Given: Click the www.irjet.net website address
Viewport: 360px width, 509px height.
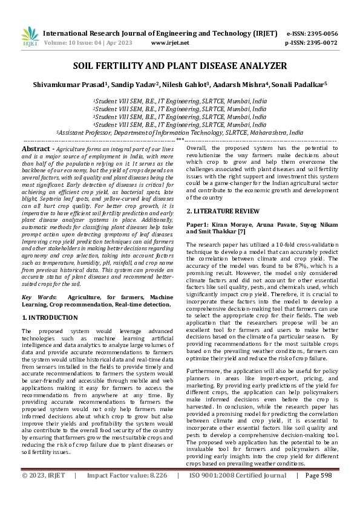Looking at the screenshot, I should coord(170,43).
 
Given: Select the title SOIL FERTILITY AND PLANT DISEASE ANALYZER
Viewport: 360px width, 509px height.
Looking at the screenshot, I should coord(180,65).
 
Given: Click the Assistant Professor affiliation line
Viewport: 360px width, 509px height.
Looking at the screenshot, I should coord(180,132).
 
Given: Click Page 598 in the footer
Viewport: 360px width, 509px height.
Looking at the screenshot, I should coord(320,493).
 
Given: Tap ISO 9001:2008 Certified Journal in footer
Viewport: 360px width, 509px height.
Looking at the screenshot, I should coord(238,493).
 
